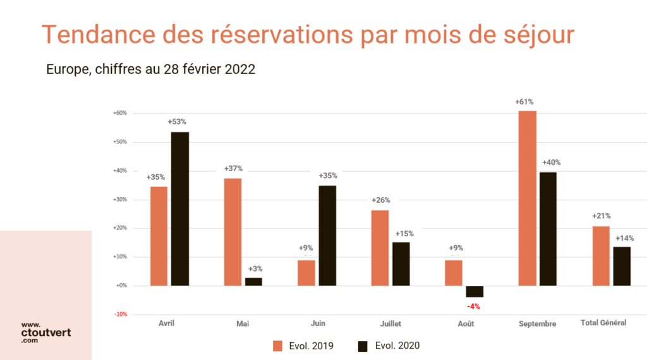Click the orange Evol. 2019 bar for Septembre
click(528, 198)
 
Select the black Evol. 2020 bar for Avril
click(179, 208)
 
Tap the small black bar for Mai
click(253, 282)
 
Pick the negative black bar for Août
click(475, 291)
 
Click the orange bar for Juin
click(306, 273)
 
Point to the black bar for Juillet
click(401, 264)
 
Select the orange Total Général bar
click(601, 256)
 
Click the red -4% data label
click(473, 306)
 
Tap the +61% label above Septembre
click(524, 102)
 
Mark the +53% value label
click(177, 122)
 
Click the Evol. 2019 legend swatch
click(277, 345)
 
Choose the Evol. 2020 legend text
click(397, 345)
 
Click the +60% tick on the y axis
click(120, 113)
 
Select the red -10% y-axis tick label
click(120, 314)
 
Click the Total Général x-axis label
click(603, 323)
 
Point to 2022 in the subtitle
click(240, 69)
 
